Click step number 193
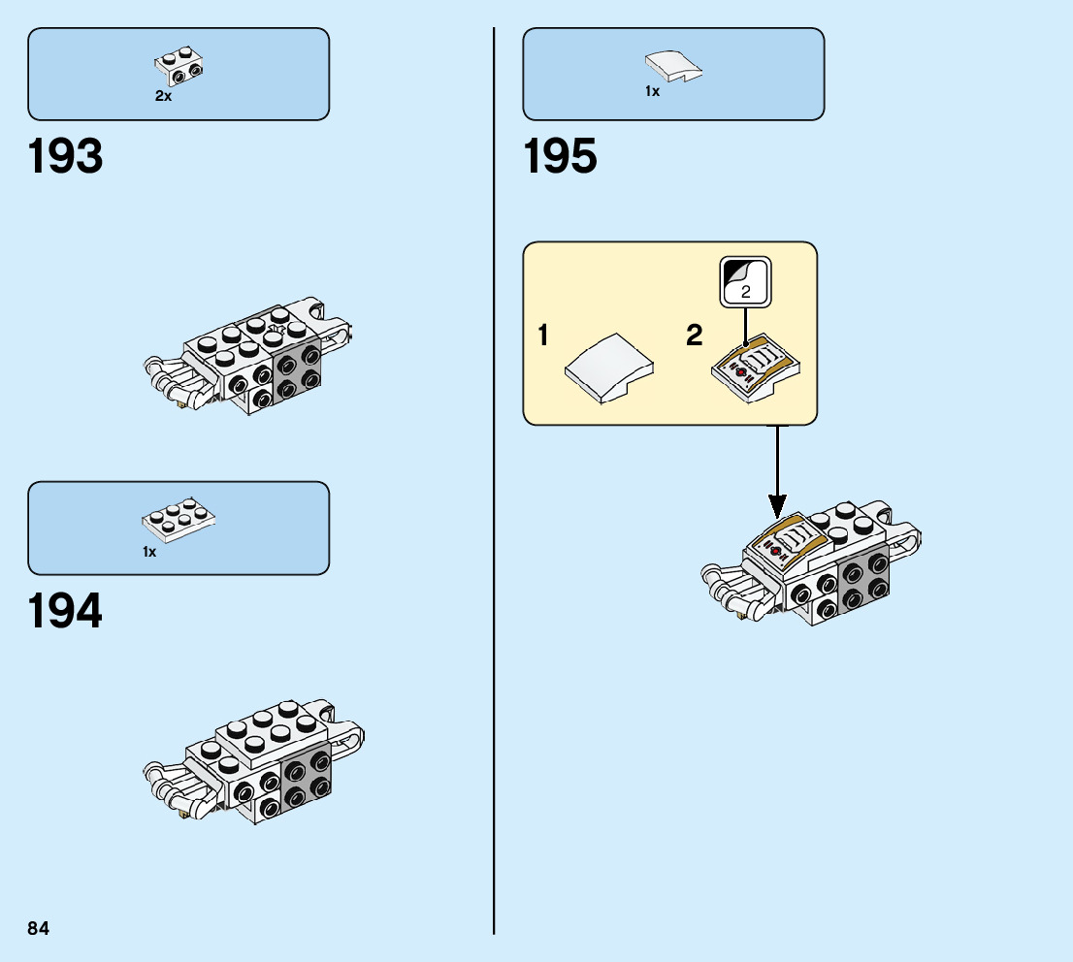66,157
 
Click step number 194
66,611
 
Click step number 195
561,157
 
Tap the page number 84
39,928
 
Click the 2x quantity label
163,96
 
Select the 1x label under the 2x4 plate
149,552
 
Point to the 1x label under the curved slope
652,91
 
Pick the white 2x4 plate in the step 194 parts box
179,518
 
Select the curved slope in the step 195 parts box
674,66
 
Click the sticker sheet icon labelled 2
745,281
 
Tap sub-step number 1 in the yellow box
543,337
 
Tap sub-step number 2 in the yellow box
695,337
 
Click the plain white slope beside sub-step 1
609,369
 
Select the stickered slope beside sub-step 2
758,369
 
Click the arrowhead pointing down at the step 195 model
777,505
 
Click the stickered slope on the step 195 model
787,543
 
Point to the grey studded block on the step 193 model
299,370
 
